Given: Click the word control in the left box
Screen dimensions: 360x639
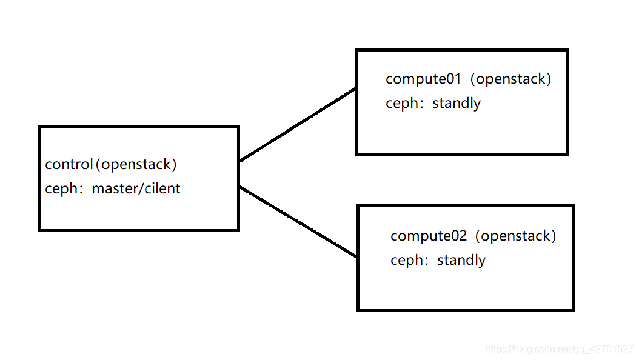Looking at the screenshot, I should [69, 164].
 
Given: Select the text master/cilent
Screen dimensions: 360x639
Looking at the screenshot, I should [136, 188].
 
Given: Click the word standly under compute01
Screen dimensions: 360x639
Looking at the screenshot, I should [457, 103].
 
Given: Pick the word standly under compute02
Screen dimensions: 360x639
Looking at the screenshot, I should [461, 260].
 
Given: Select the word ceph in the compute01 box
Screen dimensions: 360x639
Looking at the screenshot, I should [402, 104].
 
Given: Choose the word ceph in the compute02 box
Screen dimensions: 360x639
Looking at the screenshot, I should [407, 261].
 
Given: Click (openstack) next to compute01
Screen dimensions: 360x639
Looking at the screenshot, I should [511, 79].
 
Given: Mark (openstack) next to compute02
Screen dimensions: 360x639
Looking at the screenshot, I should [515, 236].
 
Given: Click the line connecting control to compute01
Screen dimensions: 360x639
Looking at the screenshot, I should [298, 125].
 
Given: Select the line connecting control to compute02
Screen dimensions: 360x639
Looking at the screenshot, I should [298, 221].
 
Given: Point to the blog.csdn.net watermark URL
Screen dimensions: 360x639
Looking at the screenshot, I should [560, 349].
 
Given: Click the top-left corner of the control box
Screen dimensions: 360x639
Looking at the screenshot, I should [40, 127].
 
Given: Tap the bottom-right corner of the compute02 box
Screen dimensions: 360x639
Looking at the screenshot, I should [572, 310].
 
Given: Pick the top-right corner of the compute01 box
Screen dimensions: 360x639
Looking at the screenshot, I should [567, 51].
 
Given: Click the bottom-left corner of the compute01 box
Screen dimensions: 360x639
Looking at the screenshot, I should [358, 153].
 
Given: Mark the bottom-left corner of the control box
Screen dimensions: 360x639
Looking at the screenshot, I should [40, 230].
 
